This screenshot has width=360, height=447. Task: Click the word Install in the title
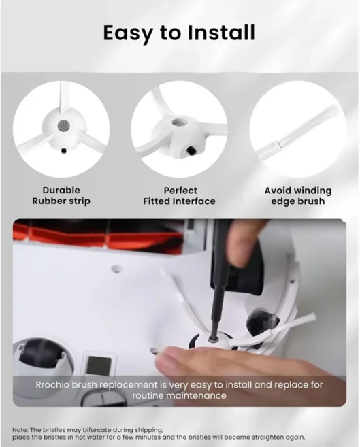[x=221, y=33]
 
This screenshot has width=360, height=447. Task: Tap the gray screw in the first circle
[x=63, y=125]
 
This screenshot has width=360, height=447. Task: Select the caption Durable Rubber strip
[x=61, y=195]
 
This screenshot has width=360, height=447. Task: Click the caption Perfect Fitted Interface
[x=179, y=195]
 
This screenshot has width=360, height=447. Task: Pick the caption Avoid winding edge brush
[x=298, y=195]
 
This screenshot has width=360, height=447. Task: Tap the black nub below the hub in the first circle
[x=64, y=151]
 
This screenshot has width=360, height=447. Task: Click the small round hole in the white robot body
[x=116, y=269]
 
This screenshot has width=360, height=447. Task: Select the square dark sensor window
[x=99, y=366]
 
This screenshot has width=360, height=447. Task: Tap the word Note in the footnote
[x=19, y=429]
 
